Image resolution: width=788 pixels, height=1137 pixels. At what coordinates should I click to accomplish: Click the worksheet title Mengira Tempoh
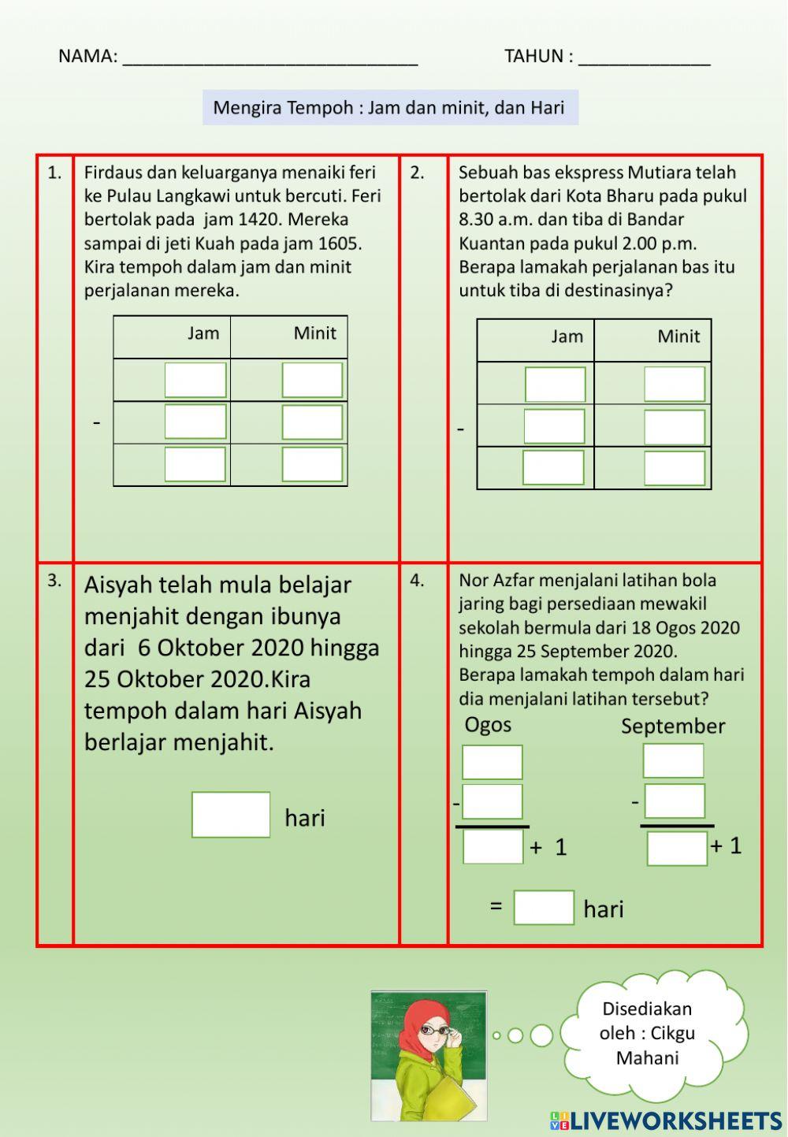[389, 107]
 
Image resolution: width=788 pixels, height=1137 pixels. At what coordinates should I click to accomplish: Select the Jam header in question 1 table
[203, 333]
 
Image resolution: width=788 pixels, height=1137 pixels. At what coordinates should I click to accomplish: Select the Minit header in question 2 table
[678, 337]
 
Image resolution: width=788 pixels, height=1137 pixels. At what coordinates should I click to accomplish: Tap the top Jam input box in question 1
[195, 380]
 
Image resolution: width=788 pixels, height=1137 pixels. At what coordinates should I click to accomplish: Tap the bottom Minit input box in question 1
[312, 464]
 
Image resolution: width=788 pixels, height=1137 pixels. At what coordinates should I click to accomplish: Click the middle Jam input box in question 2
[554, 426]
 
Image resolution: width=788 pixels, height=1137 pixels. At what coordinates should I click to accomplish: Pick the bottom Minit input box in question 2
[674, 468]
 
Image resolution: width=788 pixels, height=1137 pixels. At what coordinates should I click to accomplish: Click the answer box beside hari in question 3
[231, 815]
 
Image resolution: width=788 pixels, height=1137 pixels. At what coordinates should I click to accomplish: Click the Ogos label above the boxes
[488, 725]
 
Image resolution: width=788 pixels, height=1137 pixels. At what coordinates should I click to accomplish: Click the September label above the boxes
[672, 726]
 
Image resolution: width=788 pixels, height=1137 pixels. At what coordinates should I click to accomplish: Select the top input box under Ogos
[492, 762]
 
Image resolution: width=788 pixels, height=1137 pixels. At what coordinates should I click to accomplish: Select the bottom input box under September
[677, 849]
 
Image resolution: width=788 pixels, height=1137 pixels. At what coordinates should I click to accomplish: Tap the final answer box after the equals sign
[544, 908]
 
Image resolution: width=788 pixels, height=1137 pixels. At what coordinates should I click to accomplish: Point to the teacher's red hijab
[417, 1024]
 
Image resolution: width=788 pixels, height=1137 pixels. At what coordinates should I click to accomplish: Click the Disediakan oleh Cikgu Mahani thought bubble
[647, 1033]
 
